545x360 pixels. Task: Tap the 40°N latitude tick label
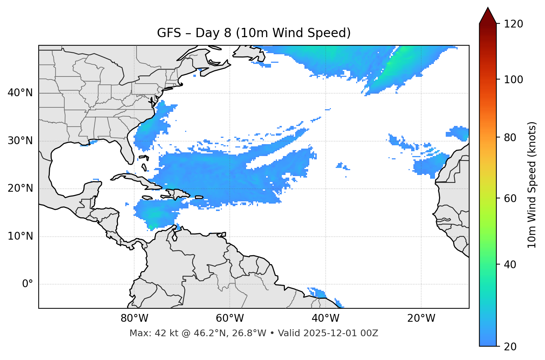click(x=20, y=93)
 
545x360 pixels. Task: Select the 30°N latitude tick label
click(x=20, y=141)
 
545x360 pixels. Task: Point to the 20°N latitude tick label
click(x=20, y=188)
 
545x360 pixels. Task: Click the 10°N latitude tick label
click(x=20, y=236)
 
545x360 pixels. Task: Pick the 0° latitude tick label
click(x=27, y=284)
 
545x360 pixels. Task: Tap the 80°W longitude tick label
click(x=134, y=318)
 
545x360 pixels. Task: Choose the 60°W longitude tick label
click(x=230, y=318)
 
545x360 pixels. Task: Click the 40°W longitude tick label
click(x=325, y=318)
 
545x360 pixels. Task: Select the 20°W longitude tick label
click(x=421, y=318)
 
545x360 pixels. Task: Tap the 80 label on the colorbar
click(x=512, y=137)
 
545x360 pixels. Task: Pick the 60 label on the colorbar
click(x=512, y=198)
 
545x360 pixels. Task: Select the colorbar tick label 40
click(x=512, y=265)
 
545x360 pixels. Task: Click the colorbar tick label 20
click(x=512, y=347)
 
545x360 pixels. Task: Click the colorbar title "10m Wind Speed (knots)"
click(x=532, y=185)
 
